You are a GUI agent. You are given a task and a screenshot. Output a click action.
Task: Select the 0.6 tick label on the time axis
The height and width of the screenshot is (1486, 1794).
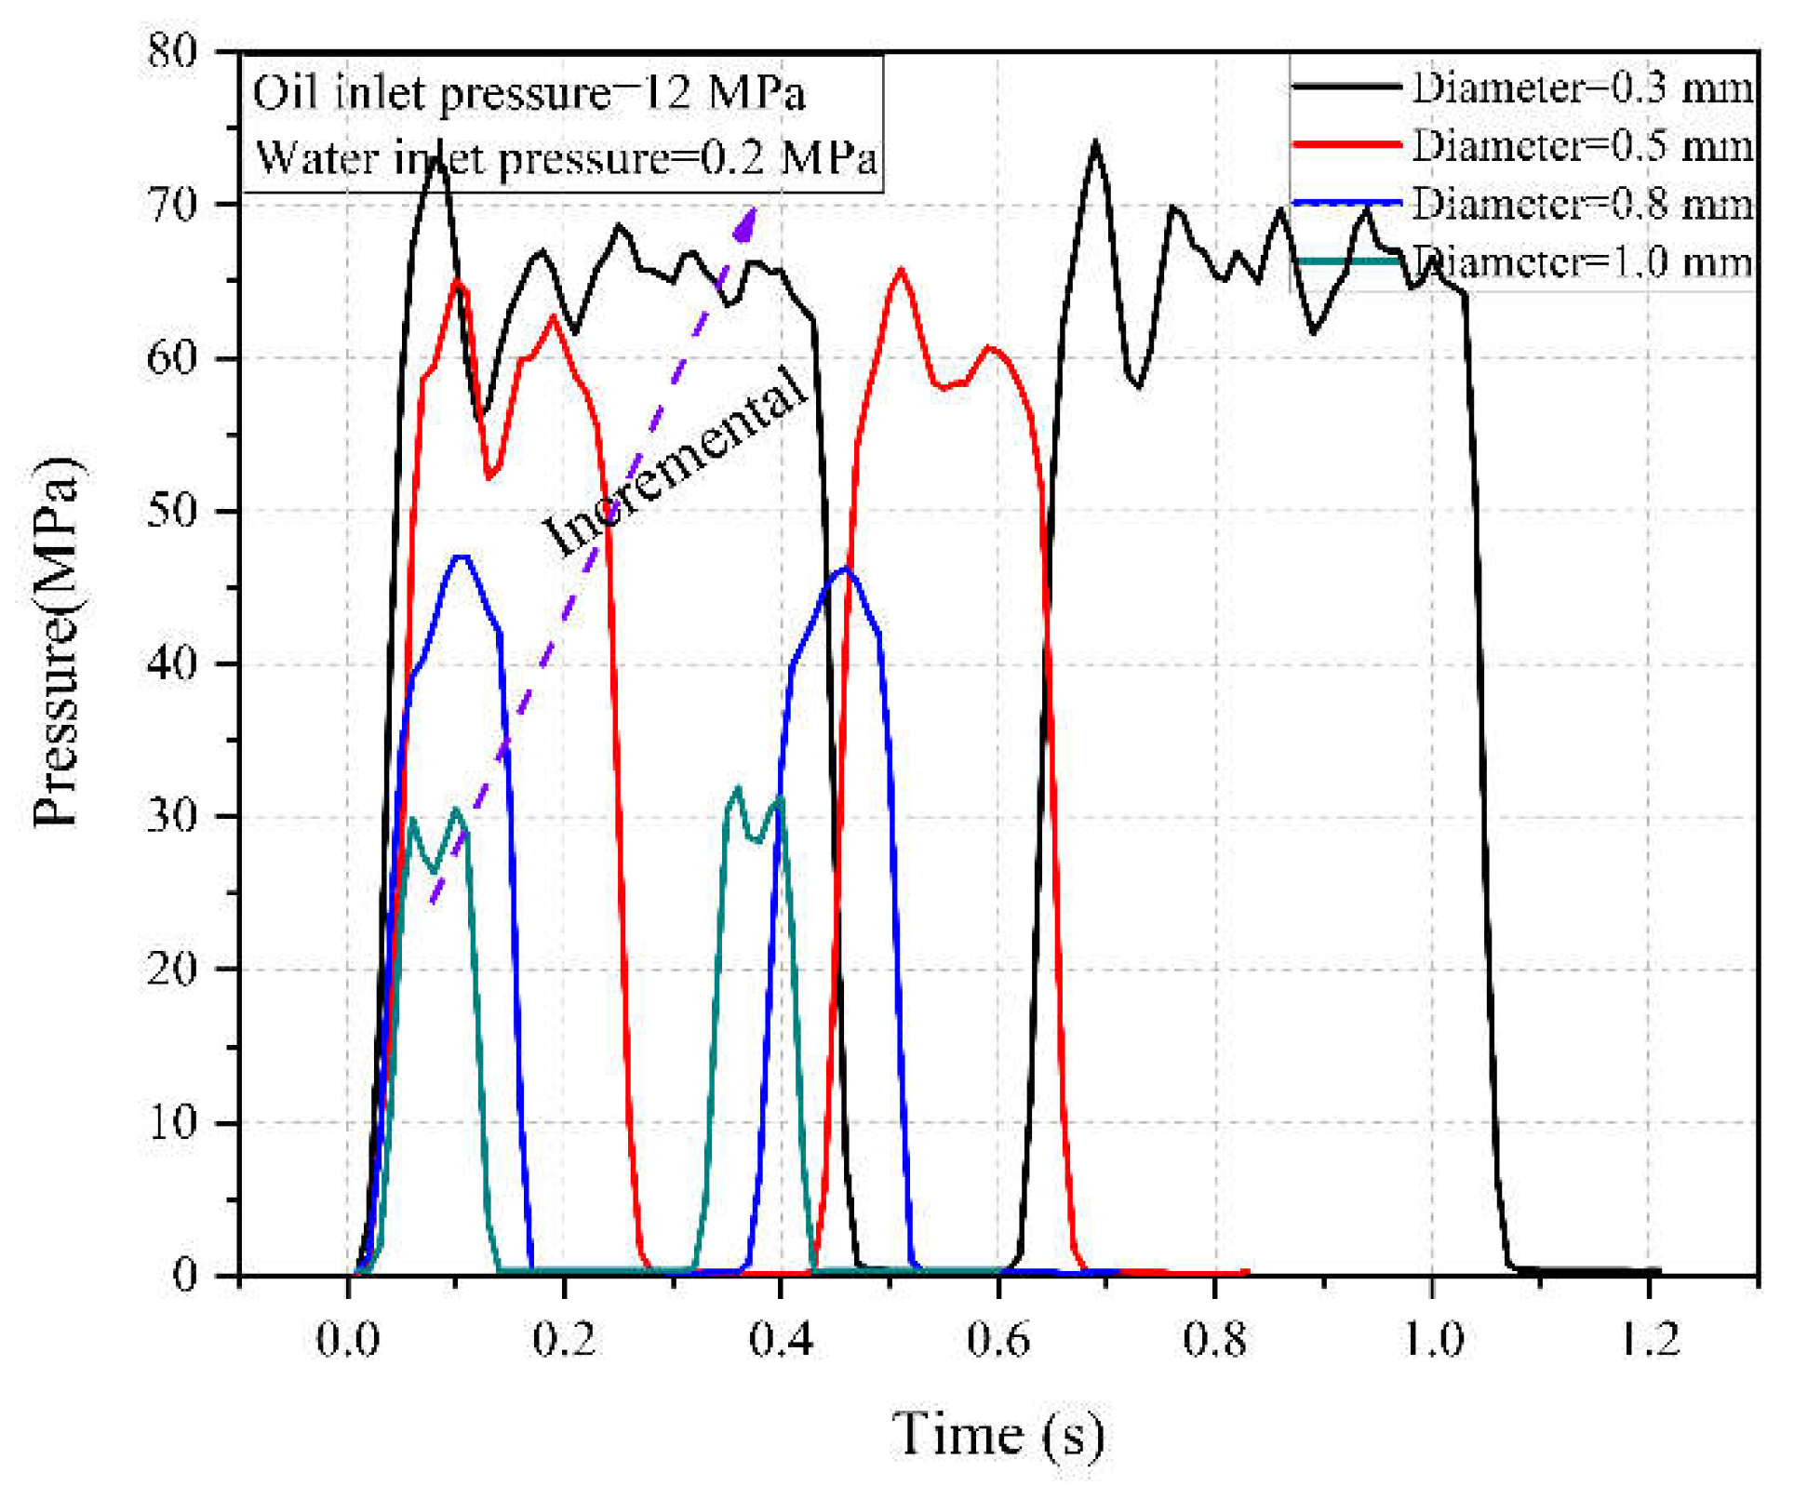click(x=997, y=1340)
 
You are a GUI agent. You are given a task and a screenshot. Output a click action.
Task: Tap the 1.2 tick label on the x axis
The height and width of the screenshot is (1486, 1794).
click(x=1649, y=1340)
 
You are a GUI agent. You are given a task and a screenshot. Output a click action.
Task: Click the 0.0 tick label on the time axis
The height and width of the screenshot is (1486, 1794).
click(x=348, y=1340)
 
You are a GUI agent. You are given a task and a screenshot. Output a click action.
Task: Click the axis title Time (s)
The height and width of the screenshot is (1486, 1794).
click(x=998, y=1434)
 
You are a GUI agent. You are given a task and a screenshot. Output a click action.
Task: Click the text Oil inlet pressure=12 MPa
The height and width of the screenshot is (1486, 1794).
click(x=529, y=94)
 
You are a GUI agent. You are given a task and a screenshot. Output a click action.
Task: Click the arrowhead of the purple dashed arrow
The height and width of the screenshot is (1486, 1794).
click(x=746, y=221)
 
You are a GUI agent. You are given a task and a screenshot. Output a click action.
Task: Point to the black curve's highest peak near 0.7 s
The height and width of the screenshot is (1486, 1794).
click(x=1096, y=141)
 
